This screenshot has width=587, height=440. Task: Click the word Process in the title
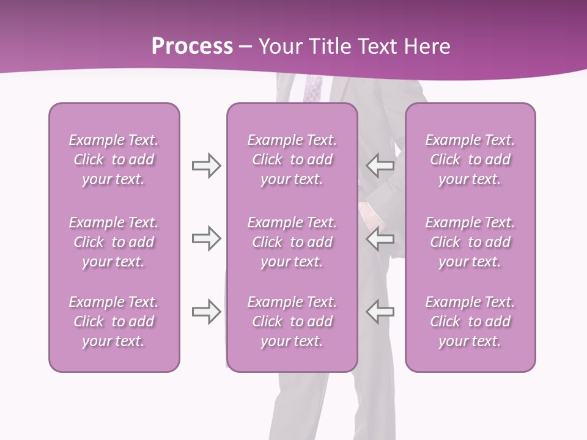pyautogui.click(x=192, y=46)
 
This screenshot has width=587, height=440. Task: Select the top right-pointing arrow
pyautogui.click(x=206, y=166)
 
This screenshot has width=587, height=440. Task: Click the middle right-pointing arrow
pyautogui.click(x=206, y=238)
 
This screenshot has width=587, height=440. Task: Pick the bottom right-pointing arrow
pyautogui.click(x=206, y=312)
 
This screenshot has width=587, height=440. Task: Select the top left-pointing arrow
pyautogui.click(x=380, y=165)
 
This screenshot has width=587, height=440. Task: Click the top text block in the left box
pyautogui.click(x=114, y=159)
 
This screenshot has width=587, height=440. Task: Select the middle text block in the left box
pyautogui.click(x=114, y=242)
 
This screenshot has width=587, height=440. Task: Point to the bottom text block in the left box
pyautogui.click(x=114, y=321)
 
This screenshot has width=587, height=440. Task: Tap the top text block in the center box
pyautogui.click(x=292, y=159)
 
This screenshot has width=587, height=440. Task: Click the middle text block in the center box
pyautogui.click(x=292, y=242)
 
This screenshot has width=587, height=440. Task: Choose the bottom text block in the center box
pyautogui.click(x=292, y=321)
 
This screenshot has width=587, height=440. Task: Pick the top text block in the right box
pyautogui.click(x=470, y=159)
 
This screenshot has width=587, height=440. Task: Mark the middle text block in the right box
pyautogui.click(x=470, y=242)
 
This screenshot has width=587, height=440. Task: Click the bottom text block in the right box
pyautogui.click(x=470, y=321)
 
